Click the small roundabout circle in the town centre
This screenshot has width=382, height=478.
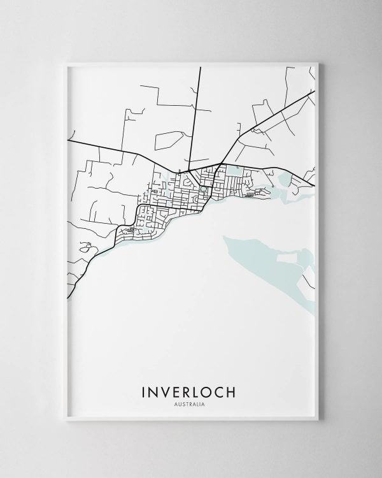pyautogui.click(x=202, y=189)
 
